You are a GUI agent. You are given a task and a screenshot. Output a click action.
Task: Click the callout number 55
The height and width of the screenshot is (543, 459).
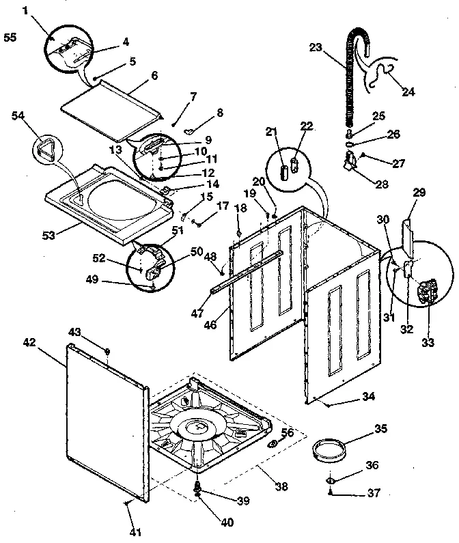(10, 37)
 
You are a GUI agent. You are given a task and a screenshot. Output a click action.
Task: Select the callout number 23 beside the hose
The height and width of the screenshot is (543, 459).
(315, 48)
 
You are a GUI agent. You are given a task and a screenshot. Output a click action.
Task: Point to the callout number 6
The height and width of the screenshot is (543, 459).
(154, 75)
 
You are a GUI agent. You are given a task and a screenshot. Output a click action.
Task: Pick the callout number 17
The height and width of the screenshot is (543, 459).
(222, 205)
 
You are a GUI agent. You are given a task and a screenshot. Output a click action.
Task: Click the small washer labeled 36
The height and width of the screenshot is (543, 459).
(330, 482)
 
